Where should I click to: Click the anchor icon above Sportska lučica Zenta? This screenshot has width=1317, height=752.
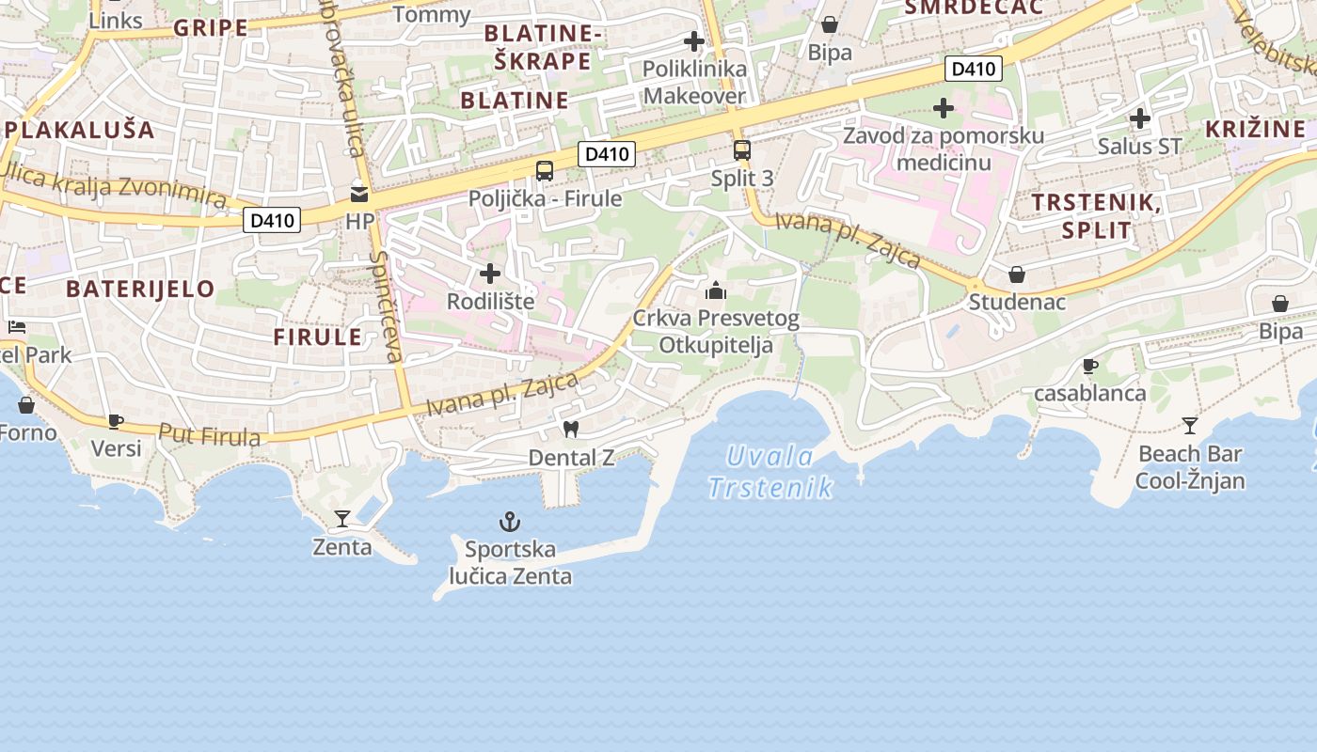coord(509,521)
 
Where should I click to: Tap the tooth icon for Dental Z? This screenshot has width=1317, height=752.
coord(569,429)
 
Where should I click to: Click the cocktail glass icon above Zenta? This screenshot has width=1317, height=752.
coord(342,518)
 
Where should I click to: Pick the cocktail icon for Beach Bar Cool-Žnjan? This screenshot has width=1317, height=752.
coord(1190,425)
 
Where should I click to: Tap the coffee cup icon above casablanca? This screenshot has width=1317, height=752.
coord(1090,366)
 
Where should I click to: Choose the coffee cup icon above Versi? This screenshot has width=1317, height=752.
coord(116,421)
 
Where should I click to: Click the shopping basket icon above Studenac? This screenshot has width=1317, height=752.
coord(1017,274)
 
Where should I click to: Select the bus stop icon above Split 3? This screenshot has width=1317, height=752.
coord(742,149)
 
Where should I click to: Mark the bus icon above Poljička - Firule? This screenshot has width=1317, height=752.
coord(545,170)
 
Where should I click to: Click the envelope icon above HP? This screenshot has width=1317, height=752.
coord(359,194)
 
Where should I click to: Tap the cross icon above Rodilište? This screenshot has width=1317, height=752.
coord(490,274)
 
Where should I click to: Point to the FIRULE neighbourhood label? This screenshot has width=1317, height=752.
coord(317,337)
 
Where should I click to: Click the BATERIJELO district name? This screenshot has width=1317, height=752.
coord(141,289)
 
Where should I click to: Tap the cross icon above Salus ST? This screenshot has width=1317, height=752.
coord(1140,118)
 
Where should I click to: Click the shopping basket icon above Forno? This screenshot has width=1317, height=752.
coord(26,405)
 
